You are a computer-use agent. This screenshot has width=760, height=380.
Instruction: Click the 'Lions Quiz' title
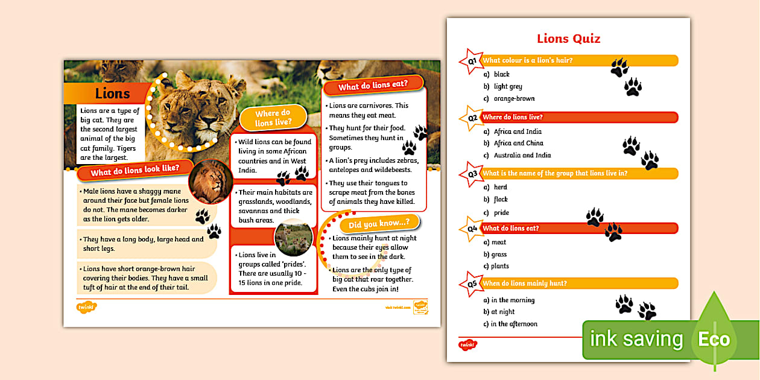click(569, 39)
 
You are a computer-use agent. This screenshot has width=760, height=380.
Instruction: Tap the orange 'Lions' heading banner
click(112, 93)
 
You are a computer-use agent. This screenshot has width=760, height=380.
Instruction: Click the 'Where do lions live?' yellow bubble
click(273, 118)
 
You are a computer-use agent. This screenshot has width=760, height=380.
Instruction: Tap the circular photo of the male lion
click(211, 182)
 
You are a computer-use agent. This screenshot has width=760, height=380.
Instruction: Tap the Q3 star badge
click(472, 174)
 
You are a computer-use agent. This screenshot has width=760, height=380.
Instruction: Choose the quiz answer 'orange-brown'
click(514, 99)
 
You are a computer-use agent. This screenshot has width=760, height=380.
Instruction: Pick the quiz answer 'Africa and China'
click(518, 144)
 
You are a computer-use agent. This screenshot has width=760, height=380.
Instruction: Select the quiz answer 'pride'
click(501, 213)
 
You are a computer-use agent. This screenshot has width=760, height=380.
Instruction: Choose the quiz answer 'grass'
click(499, 255)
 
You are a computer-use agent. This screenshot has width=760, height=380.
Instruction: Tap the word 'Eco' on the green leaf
click(714, 339)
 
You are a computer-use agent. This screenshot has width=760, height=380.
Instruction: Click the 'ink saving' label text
click(636, 339)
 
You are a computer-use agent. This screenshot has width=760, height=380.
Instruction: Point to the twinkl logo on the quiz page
click(467, 344)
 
